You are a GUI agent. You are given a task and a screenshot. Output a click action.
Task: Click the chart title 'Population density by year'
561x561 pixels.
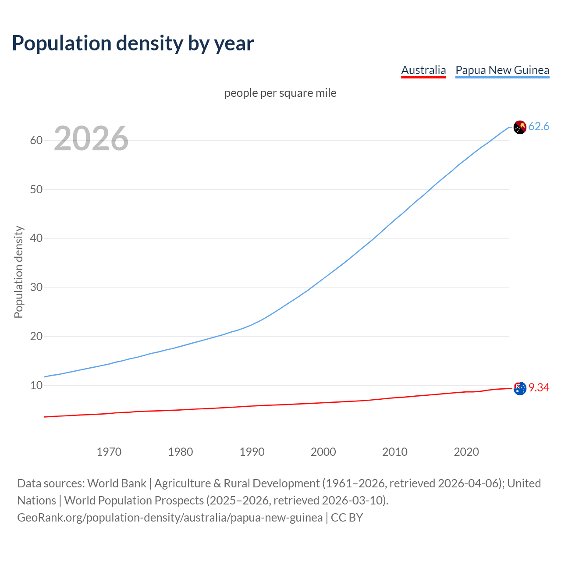133,43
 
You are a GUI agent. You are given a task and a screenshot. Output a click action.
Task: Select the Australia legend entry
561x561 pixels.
423,70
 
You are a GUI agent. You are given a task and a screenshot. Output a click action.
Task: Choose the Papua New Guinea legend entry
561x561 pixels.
502,70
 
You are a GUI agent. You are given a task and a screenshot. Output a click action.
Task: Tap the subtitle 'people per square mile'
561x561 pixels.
280,93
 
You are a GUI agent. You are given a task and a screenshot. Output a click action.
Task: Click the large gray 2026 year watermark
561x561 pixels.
91,138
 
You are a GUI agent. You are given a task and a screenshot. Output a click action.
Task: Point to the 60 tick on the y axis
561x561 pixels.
36,140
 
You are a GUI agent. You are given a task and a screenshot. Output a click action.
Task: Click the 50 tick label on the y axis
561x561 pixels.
36,189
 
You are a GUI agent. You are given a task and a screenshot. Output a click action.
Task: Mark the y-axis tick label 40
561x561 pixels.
36,238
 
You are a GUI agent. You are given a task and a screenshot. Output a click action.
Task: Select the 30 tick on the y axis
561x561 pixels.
36,288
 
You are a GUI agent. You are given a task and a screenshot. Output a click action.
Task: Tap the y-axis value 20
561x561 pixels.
36,337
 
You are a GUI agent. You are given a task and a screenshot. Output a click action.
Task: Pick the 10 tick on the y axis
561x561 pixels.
36,386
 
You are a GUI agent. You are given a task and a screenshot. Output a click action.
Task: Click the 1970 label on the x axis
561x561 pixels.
109,452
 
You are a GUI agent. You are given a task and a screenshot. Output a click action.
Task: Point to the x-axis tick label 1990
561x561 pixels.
252,452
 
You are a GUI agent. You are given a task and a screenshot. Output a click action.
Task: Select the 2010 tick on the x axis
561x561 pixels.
394,452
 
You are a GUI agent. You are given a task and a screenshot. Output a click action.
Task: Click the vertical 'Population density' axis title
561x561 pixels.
18,272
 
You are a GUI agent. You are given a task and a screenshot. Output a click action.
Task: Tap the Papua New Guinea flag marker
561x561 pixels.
519,127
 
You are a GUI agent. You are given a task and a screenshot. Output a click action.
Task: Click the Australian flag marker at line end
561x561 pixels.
520,388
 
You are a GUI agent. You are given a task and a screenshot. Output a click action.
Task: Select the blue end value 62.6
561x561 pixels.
539,127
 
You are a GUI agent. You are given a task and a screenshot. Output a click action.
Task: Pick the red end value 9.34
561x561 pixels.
539,387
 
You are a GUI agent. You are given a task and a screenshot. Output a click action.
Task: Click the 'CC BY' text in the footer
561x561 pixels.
347,518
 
